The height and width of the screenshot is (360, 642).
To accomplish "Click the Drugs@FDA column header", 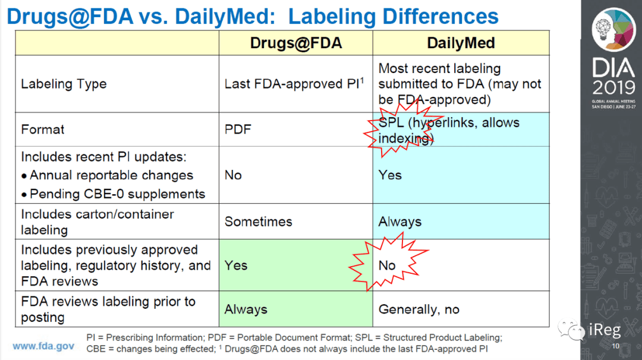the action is coord(295,43).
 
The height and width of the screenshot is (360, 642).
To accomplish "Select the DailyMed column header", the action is coord(461,43).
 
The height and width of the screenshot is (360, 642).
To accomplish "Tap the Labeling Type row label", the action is coord(64,84).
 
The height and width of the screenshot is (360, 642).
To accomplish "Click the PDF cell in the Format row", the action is coord(237,130).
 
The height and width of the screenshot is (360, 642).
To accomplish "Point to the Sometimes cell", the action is coord(259,222).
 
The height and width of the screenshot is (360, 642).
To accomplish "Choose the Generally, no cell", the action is coord(419,310).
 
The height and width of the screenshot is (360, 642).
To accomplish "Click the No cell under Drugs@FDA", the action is coord(233,175).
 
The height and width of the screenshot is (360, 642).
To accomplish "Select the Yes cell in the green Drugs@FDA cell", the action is coord(236,266).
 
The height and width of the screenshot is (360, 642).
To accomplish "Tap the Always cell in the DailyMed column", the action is coord(399,222).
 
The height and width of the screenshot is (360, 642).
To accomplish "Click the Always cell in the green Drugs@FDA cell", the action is coord(246,310).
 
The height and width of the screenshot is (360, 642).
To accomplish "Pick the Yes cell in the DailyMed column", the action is coord(390,175).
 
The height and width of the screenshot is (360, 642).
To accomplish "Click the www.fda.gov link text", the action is coord(43,346).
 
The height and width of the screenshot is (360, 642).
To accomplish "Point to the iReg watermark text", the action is coord(605,330).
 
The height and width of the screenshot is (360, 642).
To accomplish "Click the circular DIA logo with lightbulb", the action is coord(613,30).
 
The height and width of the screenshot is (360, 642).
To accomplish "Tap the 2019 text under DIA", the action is coord(613,87).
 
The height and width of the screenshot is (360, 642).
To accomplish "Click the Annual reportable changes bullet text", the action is coord(111,175).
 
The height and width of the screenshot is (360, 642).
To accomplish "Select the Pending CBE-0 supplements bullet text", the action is coord(117,194).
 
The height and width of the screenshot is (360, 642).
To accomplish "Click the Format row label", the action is coord(43,130).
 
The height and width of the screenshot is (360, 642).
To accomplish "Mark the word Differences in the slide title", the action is coord(440,17).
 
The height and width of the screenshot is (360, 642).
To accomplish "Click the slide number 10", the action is coord(616,346).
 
